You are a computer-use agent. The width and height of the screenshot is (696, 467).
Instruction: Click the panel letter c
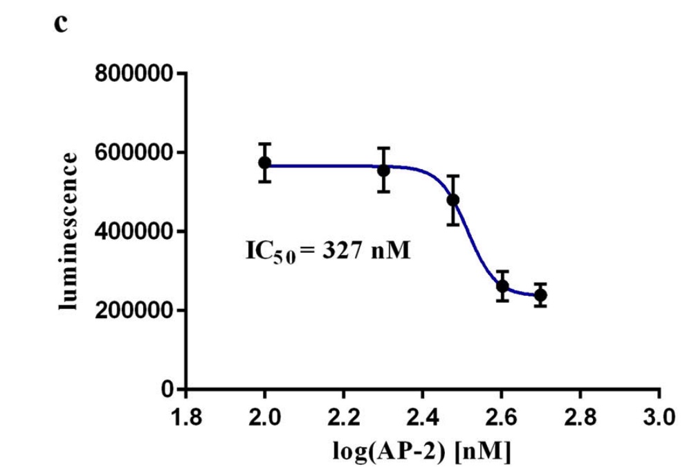61,24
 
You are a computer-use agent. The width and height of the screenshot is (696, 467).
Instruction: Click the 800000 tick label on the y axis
133,73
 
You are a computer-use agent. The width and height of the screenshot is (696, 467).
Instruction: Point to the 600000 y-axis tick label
133,152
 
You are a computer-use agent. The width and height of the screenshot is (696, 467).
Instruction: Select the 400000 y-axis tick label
133,231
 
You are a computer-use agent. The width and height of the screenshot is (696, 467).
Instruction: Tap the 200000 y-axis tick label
133,310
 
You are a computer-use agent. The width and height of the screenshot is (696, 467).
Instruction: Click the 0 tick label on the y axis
167,389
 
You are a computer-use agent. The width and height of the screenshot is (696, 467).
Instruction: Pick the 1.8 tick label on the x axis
186,418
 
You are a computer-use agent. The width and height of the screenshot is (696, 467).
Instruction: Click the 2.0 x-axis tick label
264,418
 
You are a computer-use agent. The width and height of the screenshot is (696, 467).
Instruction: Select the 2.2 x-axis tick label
344,418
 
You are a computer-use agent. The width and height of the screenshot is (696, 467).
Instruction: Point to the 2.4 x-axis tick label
423,418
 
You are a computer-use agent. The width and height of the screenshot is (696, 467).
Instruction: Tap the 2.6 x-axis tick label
502,418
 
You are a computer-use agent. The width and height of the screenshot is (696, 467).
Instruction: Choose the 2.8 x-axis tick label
580,418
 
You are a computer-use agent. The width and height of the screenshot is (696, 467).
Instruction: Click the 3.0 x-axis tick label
659,418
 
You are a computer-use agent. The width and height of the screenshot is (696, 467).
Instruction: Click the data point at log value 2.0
265,163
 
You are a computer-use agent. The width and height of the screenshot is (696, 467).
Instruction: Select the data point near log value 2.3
383,170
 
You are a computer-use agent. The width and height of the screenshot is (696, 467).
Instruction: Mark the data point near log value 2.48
453,200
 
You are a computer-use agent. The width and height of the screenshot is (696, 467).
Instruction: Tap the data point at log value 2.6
502,286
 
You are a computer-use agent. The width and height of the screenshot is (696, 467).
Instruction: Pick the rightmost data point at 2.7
540,295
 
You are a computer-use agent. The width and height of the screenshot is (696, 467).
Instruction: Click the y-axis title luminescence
68,231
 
